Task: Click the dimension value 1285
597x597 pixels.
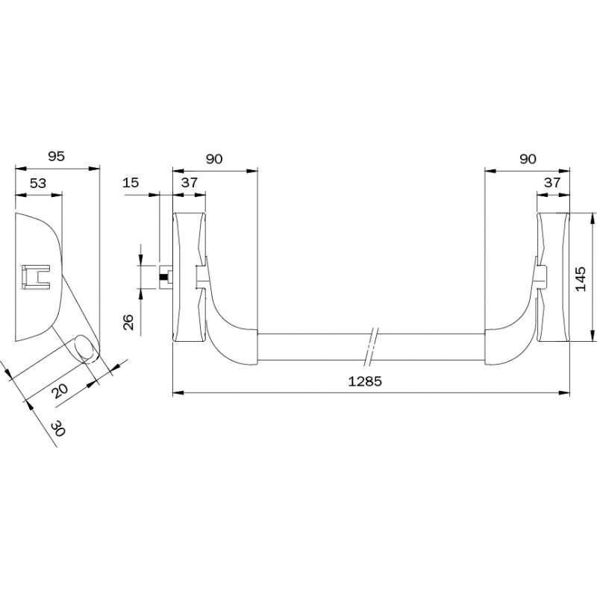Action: pyautogui.click(x=365, y=381)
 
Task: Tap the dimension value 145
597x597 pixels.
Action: pyautogui.click(x=581, y=279)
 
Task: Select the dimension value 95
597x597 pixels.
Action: pyautogui.click(x=57, y=156)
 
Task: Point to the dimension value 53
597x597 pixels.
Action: pyautogui.click(x=38, y=183)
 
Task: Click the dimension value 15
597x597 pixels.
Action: pyautogui.click(x=131, y=183)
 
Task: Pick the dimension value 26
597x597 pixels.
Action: pyautogui.click(x=128, y=322)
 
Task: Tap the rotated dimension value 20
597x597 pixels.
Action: pyautogui.click(x=60, y=390)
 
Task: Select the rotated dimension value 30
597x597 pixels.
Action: pyautogui.click(x=58, y=428)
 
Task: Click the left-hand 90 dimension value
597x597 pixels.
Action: pyautogui.click(x=214, y=159)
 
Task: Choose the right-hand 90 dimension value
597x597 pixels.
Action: pyautogui.click(x=528, y=159)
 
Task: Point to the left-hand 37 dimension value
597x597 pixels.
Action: pyautogui.click(x=190, y=183)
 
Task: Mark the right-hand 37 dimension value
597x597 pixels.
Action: pyautogui.click(x=552, y=183)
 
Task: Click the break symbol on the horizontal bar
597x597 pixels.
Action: pyautogui.click(x=371, y=346)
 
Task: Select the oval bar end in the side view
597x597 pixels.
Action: pyautogui.click(x=86, y=348)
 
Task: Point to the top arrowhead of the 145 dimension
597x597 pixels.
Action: pyautogui.click(x=592, y=219)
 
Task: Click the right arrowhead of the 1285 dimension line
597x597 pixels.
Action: pyautogui.click(x=563, y=393)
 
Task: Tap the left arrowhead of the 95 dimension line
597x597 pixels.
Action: pyautogui.click(x=22, y=168)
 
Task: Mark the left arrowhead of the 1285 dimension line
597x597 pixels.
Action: pyautogui.click(x=179, y=393)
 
